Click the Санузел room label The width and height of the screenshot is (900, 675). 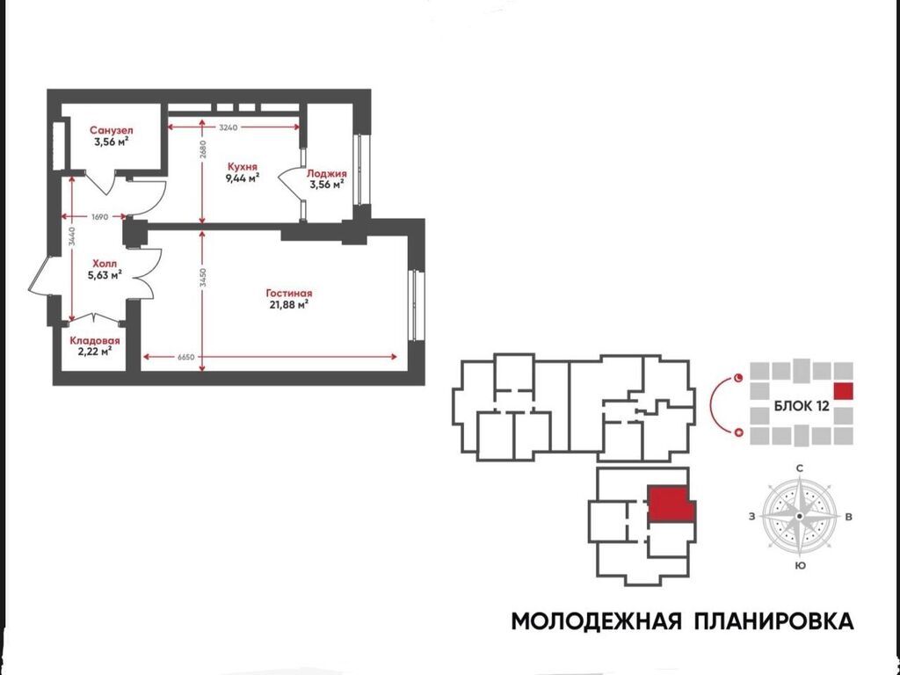point(112,131)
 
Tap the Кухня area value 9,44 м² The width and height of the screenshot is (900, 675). point(243,178)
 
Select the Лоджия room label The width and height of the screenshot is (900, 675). point(327,173)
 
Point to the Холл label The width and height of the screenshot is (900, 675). point(105,264)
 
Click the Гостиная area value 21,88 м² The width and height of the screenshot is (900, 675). point(289,305)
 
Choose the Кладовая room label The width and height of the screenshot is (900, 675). point(95,340)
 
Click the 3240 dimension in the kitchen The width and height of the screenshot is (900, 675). point(228,127)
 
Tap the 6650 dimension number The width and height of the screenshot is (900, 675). point(186,357)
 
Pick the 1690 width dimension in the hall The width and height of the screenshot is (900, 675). point(99,216)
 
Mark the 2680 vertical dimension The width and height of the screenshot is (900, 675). point(203,149)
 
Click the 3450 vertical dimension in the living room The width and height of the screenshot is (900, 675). point(203,278)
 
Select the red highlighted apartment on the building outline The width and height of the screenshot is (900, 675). point(671,504)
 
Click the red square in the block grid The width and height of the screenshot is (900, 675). point(843,391)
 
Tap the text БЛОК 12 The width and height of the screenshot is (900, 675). point(802,406)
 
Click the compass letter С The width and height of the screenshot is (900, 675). point(800,468)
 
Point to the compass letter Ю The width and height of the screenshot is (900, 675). point(800,566)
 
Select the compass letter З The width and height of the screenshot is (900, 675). point(752,517)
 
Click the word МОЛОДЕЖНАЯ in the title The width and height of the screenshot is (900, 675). point(597,621)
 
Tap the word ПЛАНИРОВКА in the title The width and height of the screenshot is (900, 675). point(773,621)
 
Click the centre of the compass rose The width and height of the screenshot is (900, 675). point(800,517)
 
